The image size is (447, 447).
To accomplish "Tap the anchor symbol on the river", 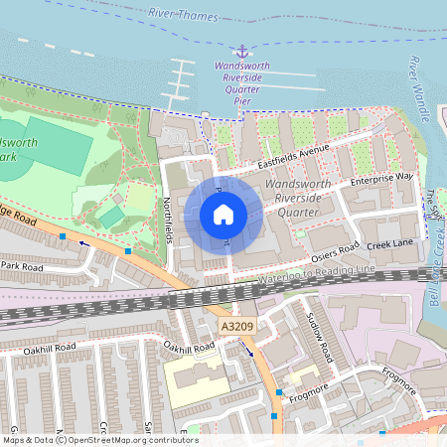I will point(240,51).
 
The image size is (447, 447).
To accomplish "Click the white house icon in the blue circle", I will point(223,214).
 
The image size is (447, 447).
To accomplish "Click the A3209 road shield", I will point(232,326).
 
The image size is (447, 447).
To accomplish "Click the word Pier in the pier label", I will point(241,100).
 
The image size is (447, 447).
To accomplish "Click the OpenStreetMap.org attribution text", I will point(129,439).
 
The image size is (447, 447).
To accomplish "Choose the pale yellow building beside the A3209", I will point(195,379).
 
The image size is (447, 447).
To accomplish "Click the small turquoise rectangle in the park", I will point(111,217).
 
